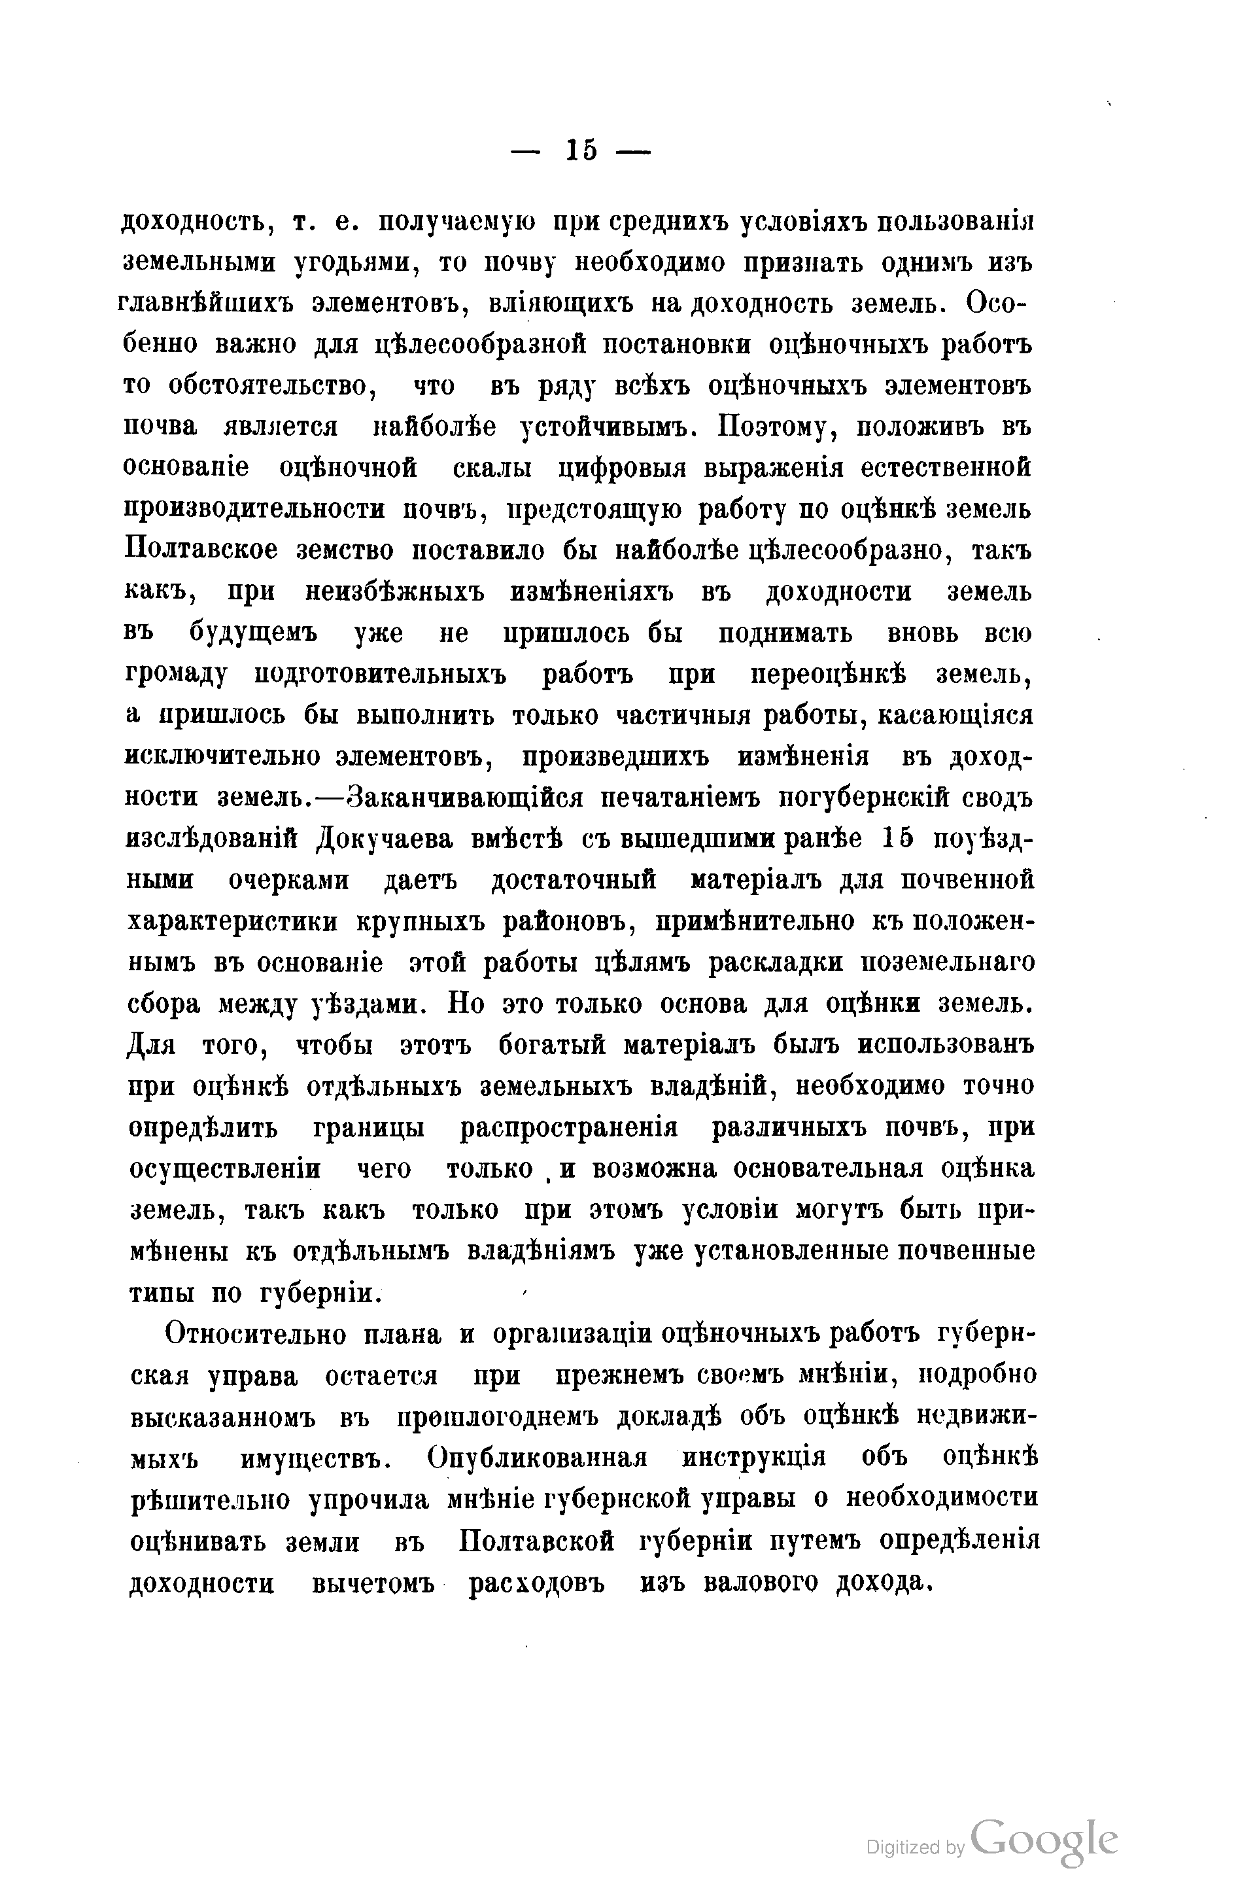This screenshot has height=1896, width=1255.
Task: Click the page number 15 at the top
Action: click(x=581, y=150)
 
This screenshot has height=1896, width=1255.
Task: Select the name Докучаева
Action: click(x=384, y=839)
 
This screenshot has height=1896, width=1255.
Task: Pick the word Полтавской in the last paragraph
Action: click(x=538, y=1541)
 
